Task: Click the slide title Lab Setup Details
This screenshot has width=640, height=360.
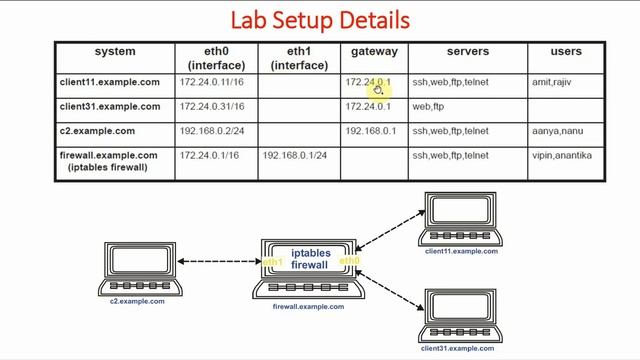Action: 320,20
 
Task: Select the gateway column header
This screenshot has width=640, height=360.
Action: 374,51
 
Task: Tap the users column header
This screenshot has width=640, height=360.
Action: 566,51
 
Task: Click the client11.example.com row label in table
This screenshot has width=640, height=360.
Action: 110,82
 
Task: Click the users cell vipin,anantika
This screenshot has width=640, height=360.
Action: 563,156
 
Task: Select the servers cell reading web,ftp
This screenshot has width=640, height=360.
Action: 428,106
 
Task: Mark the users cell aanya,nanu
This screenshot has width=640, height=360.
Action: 555,131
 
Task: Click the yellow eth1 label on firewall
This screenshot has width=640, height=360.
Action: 273,263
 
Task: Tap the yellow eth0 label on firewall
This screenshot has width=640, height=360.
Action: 349,262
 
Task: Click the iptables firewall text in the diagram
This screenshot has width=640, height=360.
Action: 310,259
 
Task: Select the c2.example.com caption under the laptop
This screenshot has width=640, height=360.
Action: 137,301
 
